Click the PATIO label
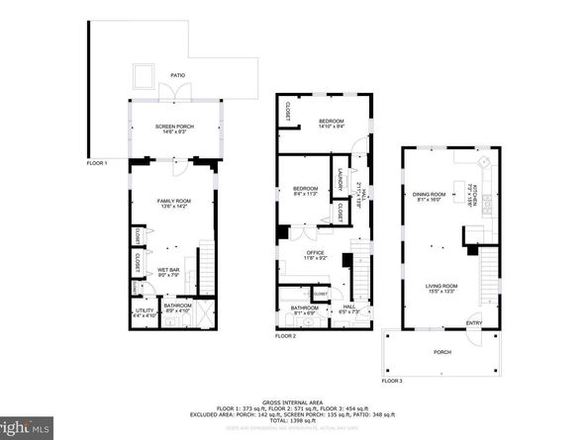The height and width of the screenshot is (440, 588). point(177,74)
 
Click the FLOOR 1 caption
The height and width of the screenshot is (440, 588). point(96,162)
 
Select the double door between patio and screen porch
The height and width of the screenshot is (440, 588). point(174,92)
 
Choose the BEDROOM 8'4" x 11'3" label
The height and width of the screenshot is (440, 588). point(305,190)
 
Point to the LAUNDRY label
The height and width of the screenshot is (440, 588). point(340,179)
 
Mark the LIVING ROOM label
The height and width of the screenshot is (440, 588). point(433,288)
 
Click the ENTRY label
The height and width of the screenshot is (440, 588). point(474,322)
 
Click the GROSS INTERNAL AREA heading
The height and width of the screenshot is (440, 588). point(294,401)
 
